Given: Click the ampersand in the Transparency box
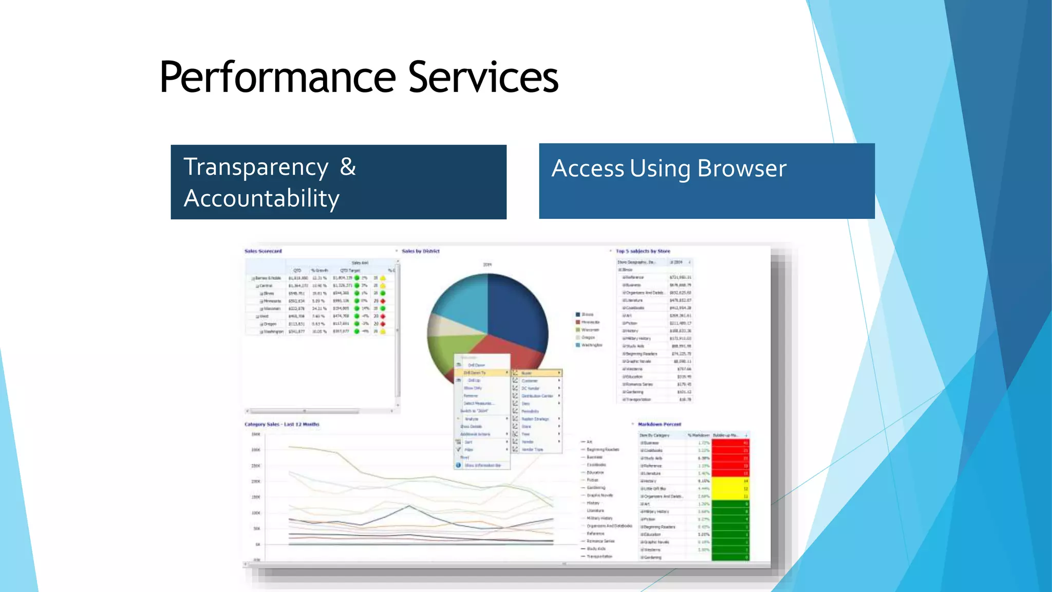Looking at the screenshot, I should click(x=348, y=167).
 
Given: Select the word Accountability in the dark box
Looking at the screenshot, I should click(x=261, y=198).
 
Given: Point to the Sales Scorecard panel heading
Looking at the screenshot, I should click(x=263, y=251).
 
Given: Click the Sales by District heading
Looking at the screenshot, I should click(x=421, y=251).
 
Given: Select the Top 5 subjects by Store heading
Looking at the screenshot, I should click(x=643, y=251).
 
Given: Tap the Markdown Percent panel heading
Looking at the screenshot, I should click(x=659, y=424).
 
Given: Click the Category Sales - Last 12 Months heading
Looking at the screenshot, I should click(x=281, y=424).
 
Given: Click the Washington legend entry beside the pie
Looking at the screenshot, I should click(x=591, y=345).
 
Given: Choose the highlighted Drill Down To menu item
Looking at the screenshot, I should click(x=475, y=373).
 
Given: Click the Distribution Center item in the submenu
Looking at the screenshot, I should click(x=537, y=396).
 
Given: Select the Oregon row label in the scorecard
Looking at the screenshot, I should click(x=270, y=324).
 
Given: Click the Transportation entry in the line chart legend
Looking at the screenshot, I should click(x=599, y=557).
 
